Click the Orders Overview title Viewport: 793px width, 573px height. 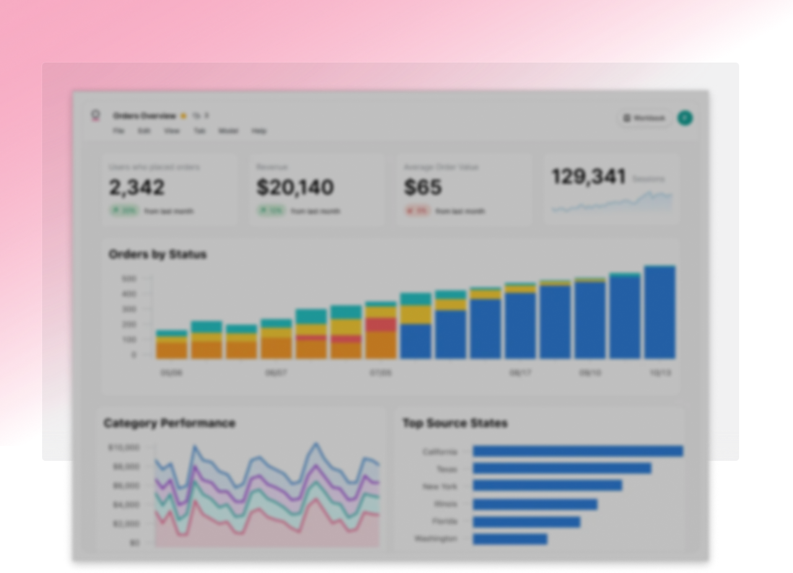(x=144, y=116)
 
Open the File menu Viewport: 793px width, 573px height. (x=118, y=131)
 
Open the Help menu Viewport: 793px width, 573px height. (x=259, y=131)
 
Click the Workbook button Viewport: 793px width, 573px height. (x=644, y=118)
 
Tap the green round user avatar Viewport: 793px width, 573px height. (x=685, y=118)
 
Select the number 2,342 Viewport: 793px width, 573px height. (x=137, y=187)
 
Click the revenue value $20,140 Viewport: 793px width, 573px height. (x=295, y=187)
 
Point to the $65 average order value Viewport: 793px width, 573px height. (x=423, y=187)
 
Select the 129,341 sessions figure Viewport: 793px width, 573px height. (x=589, y=177)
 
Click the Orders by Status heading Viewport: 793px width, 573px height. (x=157, y=255)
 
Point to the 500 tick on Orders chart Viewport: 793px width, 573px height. (x=129, y=279)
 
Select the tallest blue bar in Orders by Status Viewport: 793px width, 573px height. (x=660, y=313)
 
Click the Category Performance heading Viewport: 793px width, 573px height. (x=169, y=423)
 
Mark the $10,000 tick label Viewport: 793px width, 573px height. (x=124, y=447)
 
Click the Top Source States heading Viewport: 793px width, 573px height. (x=455, y=423)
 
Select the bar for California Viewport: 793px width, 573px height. (x=577, y=452)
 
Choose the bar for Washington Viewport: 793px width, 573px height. (x=510, y=539)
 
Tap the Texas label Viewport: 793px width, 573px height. (x=446, y=469)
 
